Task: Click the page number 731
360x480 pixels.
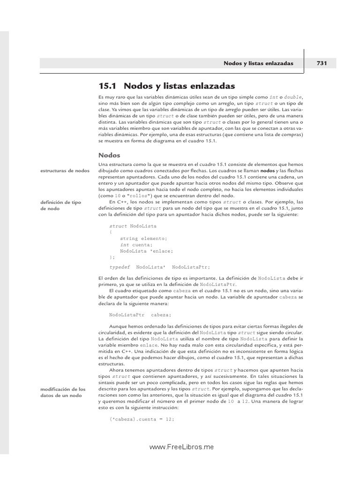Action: pyautogui.click(x=322, y=63)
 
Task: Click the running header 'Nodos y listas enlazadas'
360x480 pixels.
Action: pyautogui.click(x=258, y=63)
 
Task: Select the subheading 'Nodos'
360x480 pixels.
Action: pyautogui.click(x=109, y=155)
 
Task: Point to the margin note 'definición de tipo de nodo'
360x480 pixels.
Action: pyautogui.click(x=62, y=205)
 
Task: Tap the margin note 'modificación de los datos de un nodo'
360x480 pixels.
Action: pyautogui.click(x=63, y=392)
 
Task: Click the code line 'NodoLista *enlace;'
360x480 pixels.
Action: pyautogui.click(x=143, y=251)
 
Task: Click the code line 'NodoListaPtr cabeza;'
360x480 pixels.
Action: pyautogui.click(x=134, y=315)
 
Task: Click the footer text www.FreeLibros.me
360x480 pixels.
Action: pyautogui.click(x=181, y=447)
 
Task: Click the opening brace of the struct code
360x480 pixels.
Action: pyautogui.click(x=111, y=232)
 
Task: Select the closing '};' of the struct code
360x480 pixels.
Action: pyautogui.click(x=112, y=257)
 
